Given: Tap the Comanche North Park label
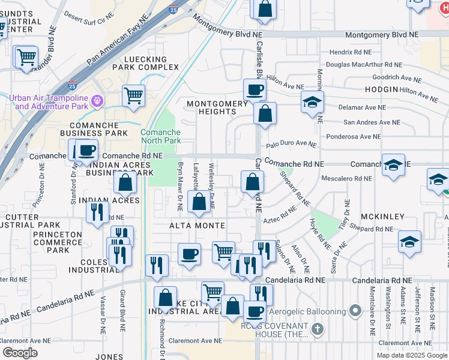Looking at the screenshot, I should [x=160, y=136].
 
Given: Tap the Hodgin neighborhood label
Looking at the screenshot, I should [x=381, y=89].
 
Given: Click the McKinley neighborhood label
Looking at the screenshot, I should [x=382, y=216].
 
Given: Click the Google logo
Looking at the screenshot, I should [x=19, y=352].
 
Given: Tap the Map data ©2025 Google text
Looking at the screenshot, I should [x=411, y=355].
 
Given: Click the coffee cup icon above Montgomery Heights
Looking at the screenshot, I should [x=255, y=90].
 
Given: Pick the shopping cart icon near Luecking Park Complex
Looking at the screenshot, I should [x=133, y=95].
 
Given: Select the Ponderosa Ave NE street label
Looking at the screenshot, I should [x=354, y=136].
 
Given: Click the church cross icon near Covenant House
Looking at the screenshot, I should [x=318, y=329].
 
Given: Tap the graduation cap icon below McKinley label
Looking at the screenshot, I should [x=409, y=241].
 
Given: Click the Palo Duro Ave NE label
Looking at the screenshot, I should [x=291, y=145].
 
